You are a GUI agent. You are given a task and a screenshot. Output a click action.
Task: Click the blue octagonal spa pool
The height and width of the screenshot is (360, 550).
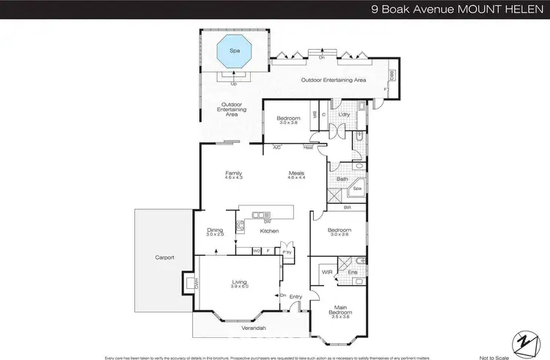234,52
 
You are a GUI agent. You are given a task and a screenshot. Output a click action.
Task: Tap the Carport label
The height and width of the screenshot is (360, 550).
164,257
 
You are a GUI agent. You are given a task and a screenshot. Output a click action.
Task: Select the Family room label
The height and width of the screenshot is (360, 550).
233,174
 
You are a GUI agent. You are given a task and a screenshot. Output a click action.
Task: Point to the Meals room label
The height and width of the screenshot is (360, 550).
297,174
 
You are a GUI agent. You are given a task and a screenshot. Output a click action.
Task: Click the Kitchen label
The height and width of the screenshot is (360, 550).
268,232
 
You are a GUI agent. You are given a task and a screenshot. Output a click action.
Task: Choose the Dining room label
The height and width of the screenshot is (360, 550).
214,230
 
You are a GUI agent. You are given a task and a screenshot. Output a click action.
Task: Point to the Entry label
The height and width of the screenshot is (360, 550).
296,297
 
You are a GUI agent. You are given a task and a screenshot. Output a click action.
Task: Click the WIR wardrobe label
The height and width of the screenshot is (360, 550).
326,272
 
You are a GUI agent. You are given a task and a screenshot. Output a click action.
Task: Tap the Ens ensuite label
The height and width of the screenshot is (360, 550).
352,272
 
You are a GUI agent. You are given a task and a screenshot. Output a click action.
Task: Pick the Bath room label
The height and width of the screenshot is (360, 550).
342,179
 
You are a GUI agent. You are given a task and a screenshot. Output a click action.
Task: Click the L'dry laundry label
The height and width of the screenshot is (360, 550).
342,114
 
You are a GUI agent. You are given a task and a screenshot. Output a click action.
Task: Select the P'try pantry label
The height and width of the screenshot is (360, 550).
287,251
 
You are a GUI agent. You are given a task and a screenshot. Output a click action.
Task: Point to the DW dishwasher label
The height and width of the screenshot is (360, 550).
267,221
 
